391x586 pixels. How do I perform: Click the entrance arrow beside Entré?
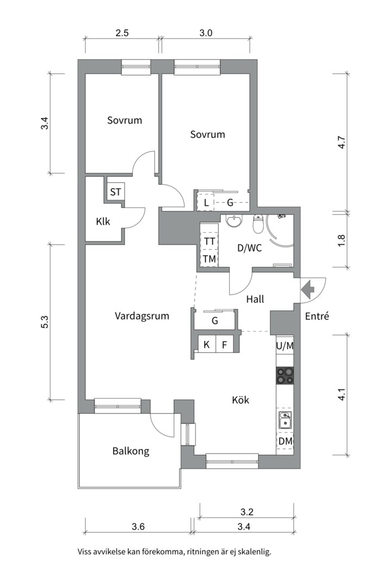click(x=307, y=289)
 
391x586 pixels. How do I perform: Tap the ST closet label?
click(x=116, y=192)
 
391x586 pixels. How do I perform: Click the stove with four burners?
click(x=285, y=375)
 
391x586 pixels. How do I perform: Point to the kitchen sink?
click(x=285, y=419)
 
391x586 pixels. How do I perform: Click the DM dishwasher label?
click(x=285, y=442)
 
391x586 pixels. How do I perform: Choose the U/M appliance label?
click(x=285, y=345)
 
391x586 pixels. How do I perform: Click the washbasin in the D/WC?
click(x=235, y=221)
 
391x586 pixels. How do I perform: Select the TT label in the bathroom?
click(x=209, y=240)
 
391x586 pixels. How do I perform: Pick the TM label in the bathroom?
click(x=209, y=259)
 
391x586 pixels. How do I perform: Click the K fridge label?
click(x=206, y=344)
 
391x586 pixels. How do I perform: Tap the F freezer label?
click(x=224, y=344)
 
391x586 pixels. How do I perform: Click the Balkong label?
click(x=131, y=451)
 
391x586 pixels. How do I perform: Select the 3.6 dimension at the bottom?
click(x=138, y=525)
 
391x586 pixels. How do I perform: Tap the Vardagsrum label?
click(x=142, y=316)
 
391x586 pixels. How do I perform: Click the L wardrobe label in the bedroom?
click(x=206, y=203)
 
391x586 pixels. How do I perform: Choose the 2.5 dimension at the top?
click(x=122, y=33)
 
